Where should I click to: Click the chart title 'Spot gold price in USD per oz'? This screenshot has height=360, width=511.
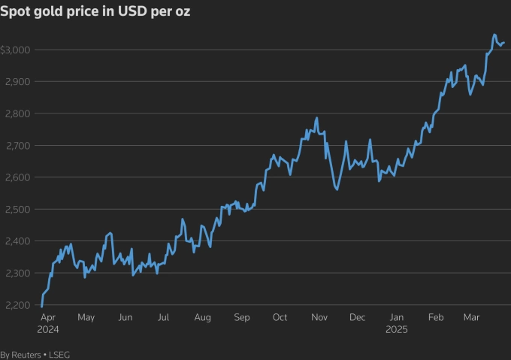click(x=89, y=13)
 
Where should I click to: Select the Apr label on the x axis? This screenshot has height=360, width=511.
click(x=47, y=318)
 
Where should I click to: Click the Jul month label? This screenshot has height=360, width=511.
click(x=162, y=318)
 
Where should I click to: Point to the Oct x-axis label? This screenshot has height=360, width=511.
click(x=280, y=318)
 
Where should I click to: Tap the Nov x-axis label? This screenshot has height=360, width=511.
click(x=319, y=318)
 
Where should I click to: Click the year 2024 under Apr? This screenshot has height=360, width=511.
click(x=47, y=329)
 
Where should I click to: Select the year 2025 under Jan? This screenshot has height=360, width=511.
click(x=396, y=329)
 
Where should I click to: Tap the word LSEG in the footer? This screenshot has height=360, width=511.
click(x=59, y=354)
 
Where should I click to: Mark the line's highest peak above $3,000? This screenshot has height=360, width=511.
click(x=494, y=35)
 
